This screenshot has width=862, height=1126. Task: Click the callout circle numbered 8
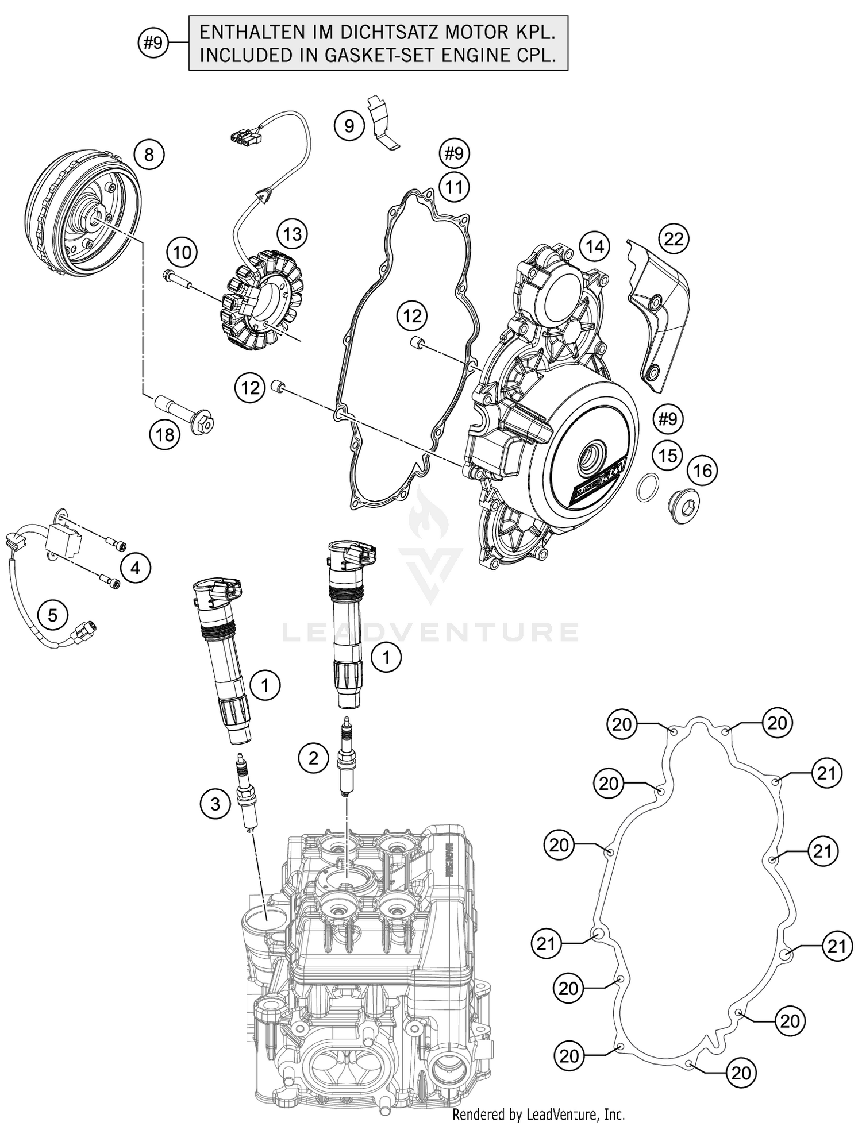(149, 155)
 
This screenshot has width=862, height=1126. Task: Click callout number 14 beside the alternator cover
(595, 246)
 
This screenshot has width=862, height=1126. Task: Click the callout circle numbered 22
(673, 238)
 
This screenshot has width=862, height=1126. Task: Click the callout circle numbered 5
(52, 615)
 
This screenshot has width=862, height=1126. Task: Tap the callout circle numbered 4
(135, 568)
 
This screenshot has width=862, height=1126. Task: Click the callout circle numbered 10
(182, 252)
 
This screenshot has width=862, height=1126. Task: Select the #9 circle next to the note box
(153, 43)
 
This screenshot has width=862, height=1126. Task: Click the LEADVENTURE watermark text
(431, 632)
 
